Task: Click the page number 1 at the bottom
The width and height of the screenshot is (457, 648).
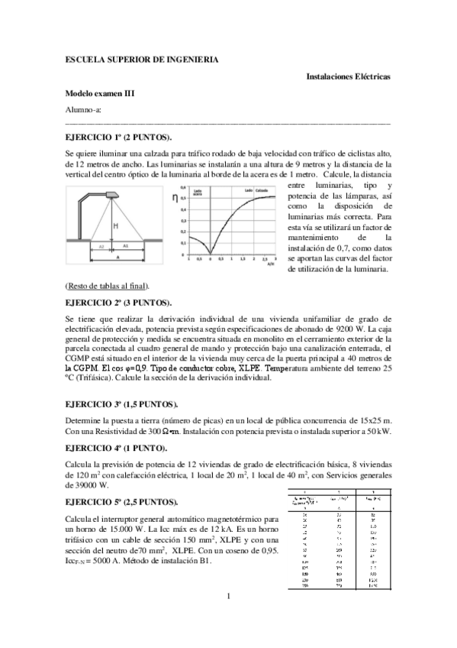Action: point(227,616)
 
